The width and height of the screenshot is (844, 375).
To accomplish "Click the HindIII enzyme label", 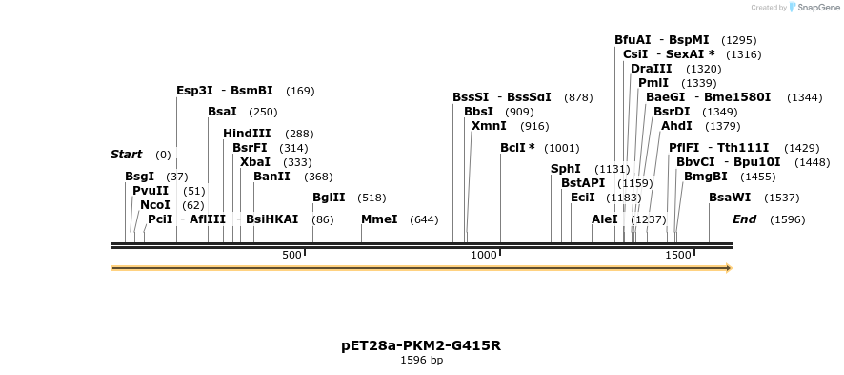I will tap(247, 134).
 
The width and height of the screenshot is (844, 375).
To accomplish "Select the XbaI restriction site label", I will tap(255, 162).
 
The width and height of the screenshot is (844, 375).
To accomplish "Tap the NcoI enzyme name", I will tap(155, 205).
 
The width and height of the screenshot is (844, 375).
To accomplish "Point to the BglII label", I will tap(329, 198).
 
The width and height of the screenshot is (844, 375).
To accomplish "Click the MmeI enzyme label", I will tap(379, 219).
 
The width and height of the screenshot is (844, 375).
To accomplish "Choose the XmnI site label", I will tap(489, 126).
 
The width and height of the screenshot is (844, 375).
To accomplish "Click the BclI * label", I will tap(517, 148).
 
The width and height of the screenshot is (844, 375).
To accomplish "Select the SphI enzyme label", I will tap(566, 169).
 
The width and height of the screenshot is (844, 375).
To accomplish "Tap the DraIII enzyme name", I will tap(651, 69).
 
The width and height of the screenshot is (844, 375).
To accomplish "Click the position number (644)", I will tap(424, 219).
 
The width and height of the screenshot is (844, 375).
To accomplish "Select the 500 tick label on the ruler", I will tap(292, 255).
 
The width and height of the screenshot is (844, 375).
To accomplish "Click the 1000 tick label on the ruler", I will tap(485, 255).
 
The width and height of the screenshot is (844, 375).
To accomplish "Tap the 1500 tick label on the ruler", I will tap(678, 255).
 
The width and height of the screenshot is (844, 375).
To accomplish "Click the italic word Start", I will tap(126, 155).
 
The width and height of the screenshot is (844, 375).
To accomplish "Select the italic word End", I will tap(744, 219).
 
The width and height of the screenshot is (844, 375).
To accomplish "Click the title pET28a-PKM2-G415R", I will tap(421, 345).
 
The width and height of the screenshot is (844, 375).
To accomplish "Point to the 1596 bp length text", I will tap(421, 361).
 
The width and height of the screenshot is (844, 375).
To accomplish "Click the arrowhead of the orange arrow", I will tap(728, 268).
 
